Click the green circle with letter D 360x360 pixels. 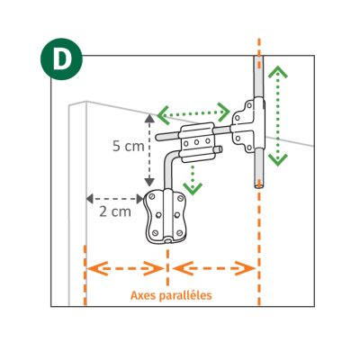click(61, 59)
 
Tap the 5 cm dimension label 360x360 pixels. click(129, 147)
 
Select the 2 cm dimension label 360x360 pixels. click(115, 211)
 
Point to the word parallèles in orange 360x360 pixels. click(185, 295)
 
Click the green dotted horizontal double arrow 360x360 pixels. click(193, 113)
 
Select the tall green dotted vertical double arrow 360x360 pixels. click(278, 115)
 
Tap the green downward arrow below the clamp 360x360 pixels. click(193, 179)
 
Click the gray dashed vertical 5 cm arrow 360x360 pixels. click(149, 150)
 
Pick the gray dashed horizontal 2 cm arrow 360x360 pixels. click(114, 199)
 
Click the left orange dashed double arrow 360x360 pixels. click(125, 268)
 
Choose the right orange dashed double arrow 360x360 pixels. click(214, 268)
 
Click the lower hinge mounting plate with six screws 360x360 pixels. click(166, 217)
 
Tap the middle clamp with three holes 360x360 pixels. click(197, 142)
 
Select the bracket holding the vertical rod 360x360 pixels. click(249, 126)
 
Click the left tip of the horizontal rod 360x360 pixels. click(157, 138)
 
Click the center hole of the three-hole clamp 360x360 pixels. click(197, 142)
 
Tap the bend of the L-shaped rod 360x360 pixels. click(169, 157)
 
